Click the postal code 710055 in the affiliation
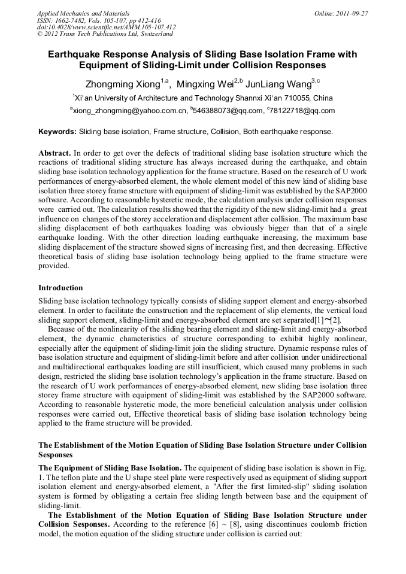point(297,98)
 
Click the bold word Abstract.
point(54,153)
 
